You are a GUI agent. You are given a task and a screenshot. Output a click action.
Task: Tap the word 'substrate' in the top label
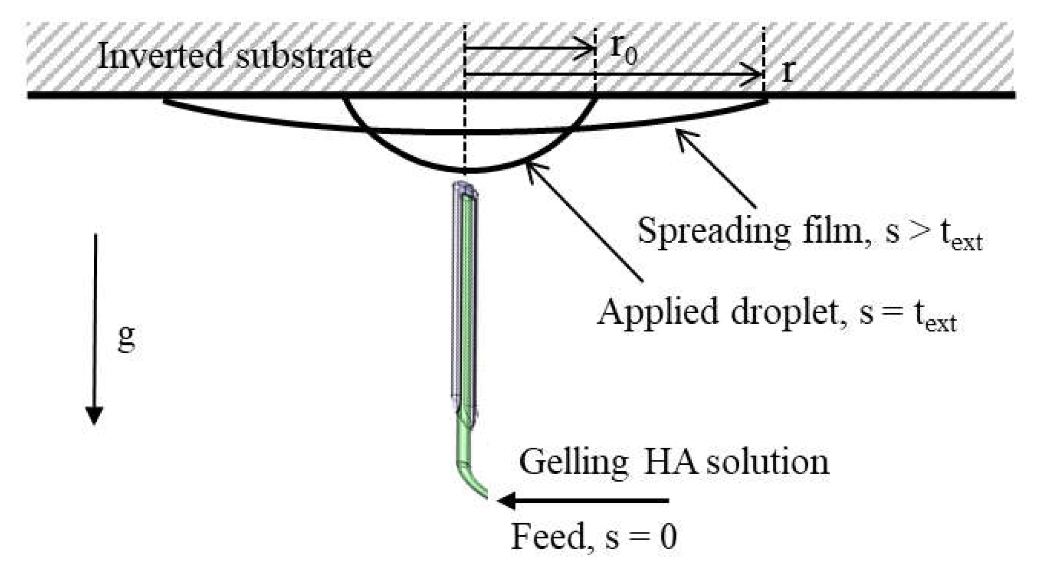(304, 57)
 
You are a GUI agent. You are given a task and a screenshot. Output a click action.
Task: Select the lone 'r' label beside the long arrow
(787, 74)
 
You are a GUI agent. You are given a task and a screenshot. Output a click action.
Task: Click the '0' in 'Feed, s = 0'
(668, 537)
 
